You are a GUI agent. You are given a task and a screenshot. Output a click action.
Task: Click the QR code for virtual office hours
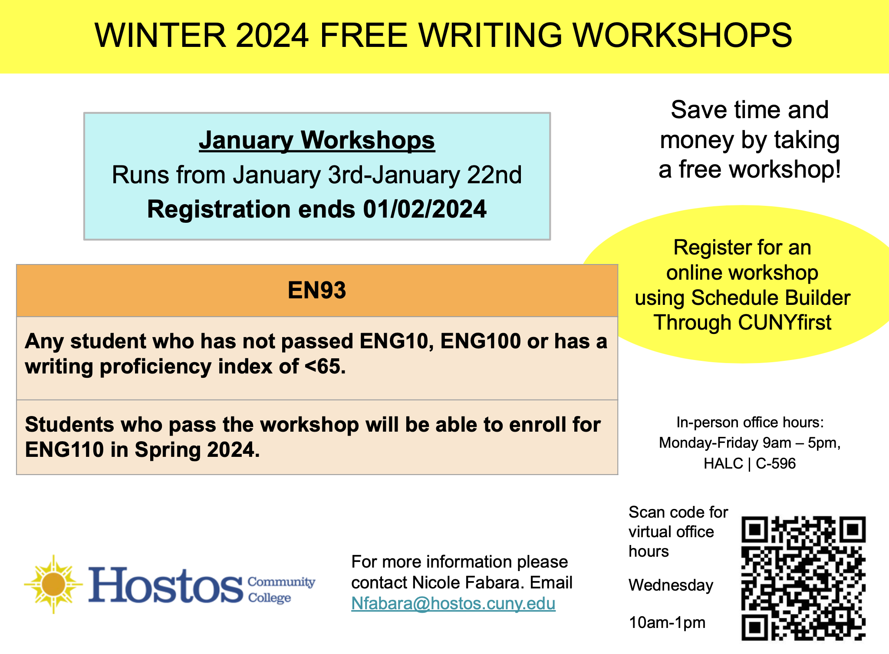point(803,578)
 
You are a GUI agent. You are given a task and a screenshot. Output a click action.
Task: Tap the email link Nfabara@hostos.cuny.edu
point(453,604)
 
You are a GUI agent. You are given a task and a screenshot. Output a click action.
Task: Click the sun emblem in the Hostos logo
point(53,584)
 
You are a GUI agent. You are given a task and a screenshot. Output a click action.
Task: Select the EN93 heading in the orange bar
point(317,290)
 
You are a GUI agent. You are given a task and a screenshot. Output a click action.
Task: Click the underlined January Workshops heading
point(317,140)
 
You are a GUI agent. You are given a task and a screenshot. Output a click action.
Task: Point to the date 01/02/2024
point(425,209)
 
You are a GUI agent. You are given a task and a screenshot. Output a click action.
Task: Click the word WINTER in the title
point(160,35)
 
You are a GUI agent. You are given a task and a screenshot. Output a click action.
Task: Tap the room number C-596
point(776,463)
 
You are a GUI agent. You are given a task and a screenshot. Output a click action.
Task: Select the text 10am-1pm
point(667,623)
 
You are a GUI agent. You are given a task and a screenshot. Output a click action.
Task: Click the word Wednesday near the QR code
point(671,585)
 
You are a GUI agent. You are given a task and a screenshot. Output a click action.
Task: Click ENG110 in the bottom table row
point(64,449)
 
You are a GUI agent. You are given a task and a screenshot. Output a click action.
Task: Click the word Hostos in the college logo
point(166,585)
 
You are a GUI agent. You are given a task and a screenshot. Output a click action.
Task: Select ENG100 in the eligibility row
point(480,341)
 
